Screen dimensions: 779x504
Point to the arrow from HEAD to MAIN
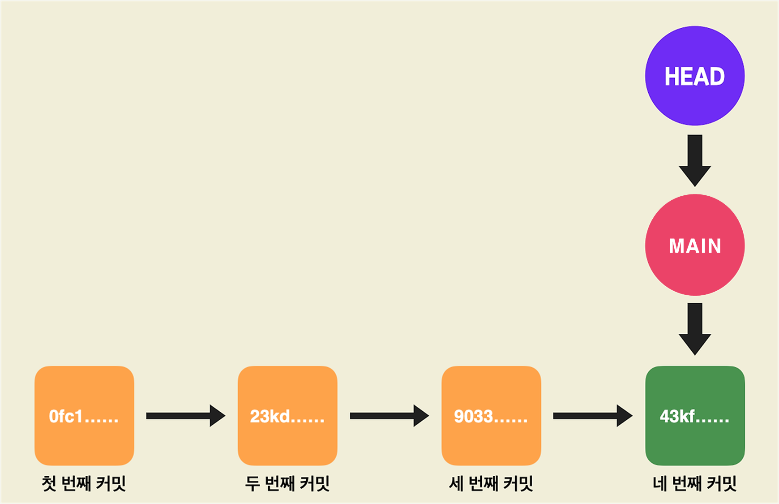(x=695, y=160)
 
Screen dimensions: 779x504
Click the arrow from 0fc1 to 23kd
(x=185, y=416)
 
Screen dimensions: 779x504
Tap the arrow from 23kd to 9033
(x=389, y=416)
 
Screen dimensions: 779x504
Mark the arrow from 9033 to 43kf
(x=592, y=416)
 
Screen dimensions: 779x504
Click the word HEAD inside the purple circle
(x=694, y=77)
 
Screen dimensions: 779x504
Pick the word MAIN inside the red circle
(x=695, y=246)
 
